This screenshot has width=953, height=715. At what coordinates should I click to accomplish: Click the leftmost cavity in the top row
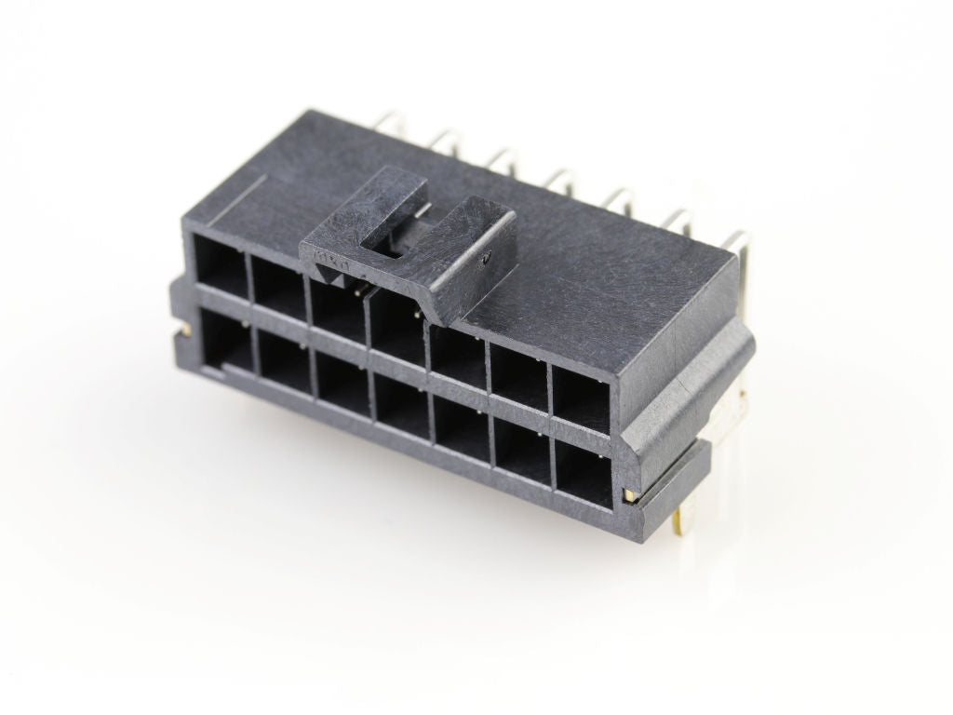pyautogui.click(x=221, y=264)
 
